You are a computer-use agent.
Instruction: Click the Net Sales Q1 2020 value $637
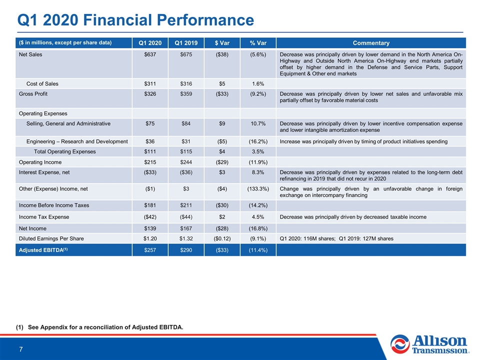coord(150,54)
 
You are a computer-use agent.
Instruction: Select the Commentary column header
coord(371,43)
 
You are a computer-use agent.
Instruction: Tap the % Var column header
coord(258,43)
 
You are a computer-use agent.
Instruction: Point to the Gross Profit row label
coord(33,94)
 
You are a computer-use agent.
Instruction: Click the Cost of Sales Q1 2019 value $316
coord(186,84)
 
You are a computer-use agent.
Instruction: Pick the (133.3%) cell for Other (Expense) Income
coord(258,189)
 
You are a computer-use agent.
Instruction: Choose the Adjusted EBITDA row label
coord(43,250)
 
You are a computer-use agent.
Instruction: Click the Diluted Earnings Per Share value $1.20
coord(150,238)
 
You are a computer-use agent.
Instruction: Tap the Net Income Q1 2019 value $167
coord(186,228)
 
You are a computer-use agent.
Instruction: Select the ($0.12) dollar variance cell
coord(222,238)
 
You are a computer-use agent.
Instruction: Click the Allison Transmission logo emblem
coord(400,344)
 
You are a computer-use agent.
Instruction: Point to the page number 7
coord(21,349)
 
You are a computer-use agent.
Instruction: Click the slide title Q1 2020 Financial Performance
coord(135,20)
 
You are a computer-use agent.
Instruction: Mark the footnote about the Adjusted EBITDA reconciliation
coord(99,327)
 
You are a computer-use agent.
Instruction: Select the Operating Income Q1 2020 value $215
coord(150,162)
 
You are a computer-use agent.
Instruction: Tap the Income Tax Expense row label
coord(44,217)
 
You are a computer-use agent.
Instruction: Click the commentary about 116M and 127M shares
coord(336,238)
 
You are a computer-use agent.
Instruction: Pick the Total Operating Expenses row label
coord(65,151)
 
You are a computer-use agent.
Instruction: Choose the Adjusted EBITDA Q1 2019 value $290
coord(186,250)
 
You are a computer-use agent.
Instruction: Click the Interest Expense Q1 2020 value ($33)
coord(150,172)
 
